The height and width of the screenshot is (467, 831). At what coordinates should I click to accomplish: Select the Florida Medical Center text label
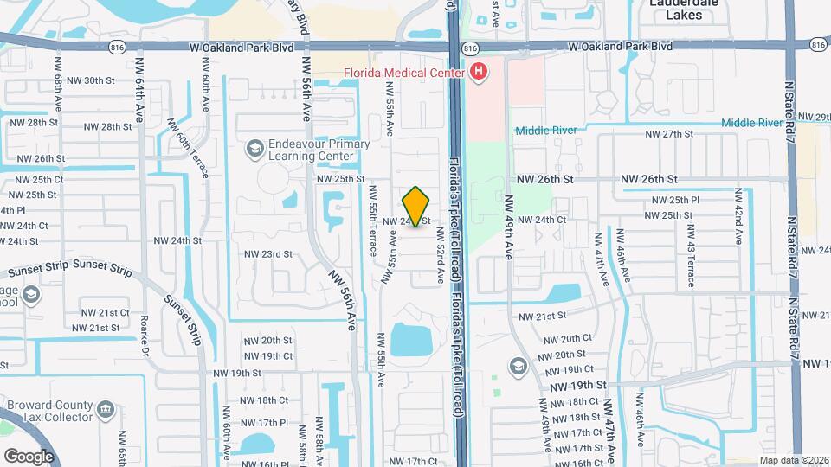[398, 73]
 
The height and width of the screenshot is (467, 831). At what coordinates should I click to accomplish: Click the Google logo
[29, 456]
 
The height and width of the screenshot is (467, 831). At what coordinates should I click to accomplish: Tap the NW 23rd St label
[267, 254]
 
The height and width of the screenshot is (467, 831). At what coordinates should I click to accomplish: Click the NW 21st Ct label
[105, 312]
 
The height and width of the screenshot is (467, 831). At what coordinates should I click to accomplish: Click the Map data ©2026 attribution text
[793, 460]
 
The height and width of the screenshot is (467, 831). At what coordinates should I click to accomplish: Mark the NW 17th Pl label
[266, 422]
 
